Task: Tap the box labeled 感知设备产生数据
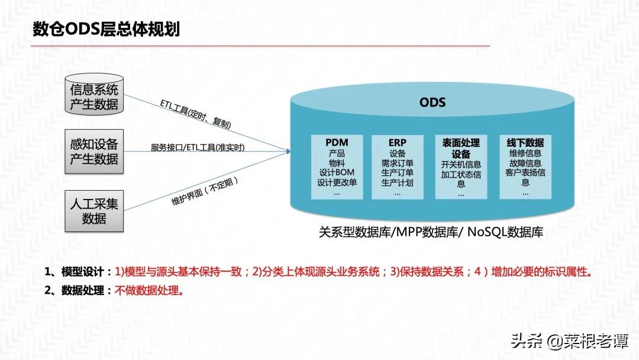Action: pos(94,152)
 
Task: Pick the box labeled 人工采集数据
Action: pos(94,211)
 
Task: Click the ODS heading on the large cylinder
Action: pos(432,102)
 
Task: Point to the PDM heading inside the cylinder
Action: pos(337,143)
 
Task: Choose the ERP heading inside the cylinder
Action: pos(397,143)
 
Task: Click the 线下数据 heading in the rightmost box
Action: pos(525,143)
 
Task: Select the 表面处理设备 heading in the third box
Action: pos(461,149)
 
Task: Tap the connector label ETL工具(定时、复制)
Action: pos(195,114)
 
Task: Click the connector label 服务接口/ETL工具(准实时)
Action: pos(198,147)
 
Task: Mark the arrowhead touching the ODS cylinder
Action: pos(288,151)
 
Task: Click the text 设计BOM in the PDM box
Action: pos(337,172)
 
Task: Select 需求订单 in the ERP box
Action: pos(397,163)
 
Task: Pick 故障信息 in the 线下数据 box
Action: pos(525,163)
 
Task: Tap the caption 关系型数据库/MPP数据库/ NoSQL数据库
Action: pos(431,233)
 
